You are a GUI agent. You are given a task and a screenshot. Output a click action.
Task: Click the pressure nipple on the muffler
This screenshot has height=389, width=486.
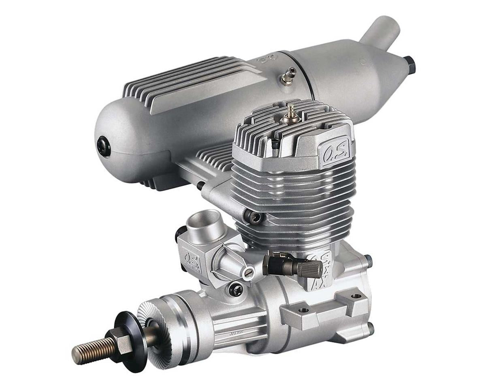tap(288, 75)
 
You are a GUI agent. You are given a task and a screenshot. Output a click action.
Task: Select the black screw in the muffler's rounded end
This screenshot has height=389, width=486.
tap(104, 146)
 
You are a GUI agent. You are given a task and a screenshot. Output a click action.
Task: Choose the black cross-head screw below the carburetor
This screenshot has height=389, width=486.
tap(235, 289)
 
